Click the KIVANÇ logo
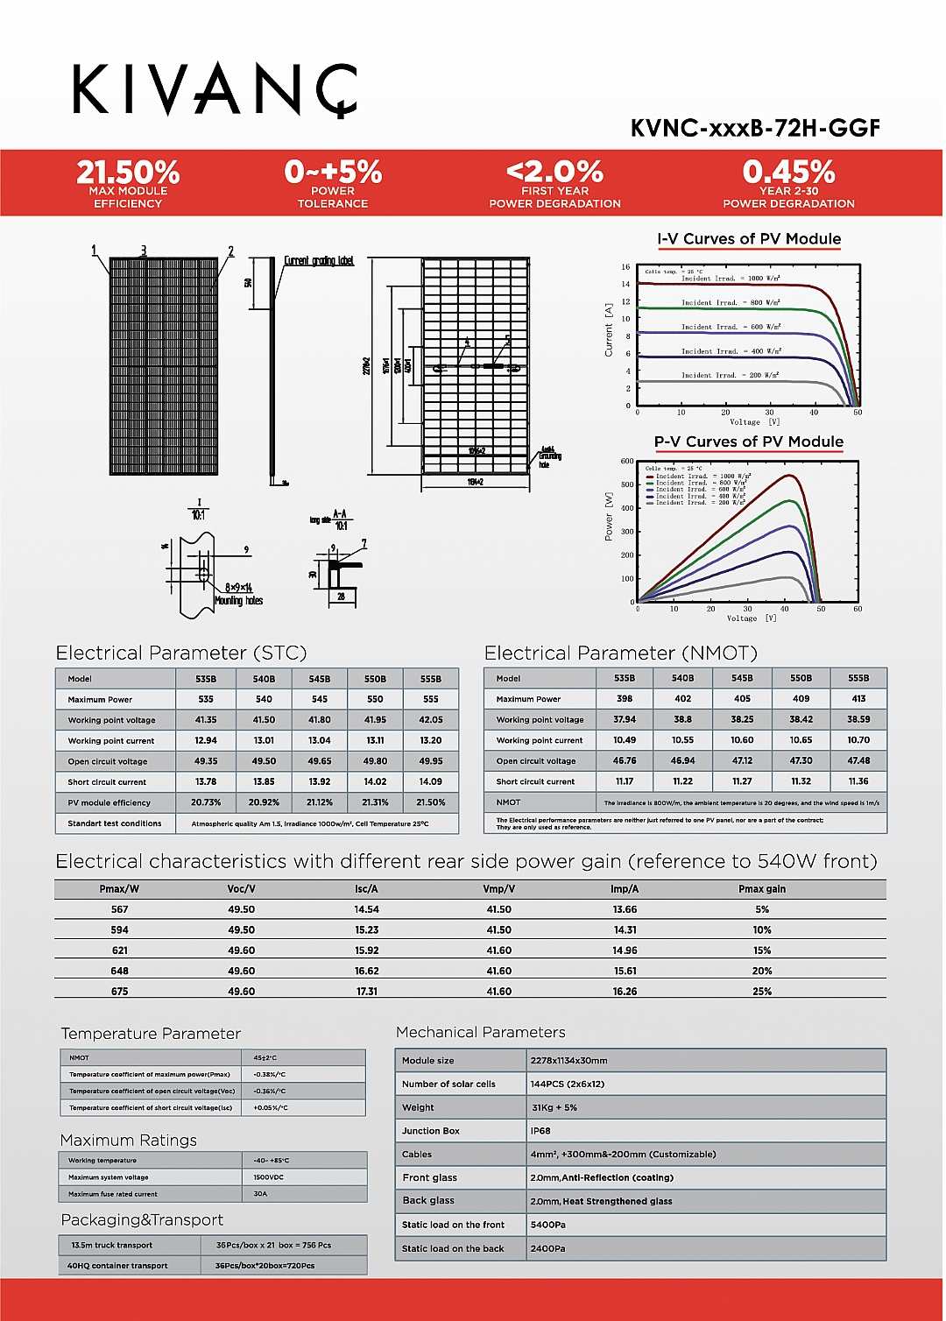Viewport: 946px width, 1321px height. click(x=215, y=89)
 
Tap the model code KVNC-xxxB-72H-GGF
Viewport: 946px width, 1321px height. click(x=755, y=128)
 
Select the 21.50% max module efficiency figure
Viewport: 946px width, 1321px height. click(x=128, y=172)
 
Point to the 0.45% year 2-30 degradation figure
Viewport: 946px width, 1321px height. click(x=788, y=172)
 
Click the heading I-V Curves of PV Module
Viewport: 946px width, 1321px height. click(x=749, y=239)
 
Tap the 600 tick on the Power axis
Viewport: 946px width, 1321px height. click(x=627, y=462)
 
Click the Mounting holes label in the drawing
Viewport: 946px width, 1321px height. click(x=238, y=601)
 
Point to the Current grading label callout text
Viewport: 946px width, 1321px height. click(x=319, y=261)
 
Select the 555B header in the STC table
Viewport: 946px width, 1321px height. click(x=430, y=679)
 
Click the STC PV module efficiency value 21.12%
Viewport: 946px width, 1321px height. click(x=319, y=802)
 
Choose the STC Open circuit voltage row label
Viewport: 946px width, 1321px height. click(x=108, y=761)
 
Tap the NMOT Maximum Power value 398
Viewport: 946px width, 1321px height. click(x=625, y=699)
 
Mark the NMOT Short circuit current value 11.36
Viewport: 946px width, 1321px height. click(x=858, y=781)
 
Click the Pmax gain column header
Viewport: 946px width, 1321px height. click(x=762, y=889)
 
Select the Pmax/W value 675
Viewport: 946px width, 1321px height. click(x=120, y=992)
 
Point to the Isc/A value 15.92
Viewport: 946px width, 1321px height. click(x=367, y=950)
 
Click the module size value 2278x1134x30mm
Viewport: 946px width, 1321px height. click(x=568, y=1061)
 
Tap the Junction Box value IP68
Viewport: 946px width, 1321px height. click(x=540, y=1131)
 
